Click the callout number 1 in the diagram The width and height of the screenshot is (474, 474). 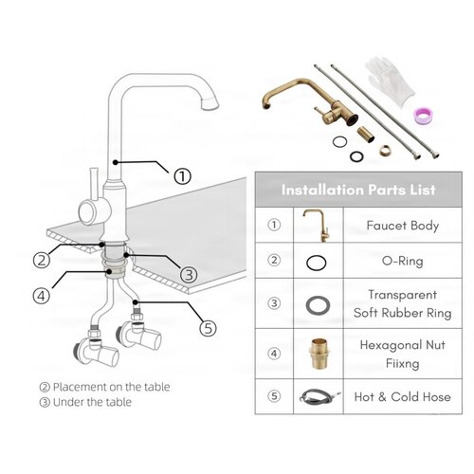[183, 176]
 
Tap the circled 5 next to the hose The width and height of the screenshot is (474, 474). [209, 328]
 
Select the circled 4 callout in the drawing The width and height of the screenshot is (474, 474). [42, 296]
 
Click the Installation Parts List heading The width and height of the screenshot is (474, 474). [358, 190]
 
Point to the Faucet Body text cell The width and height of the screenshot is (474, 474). [403, 226]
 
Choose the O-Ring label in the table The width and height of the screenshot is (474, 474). [402, 261]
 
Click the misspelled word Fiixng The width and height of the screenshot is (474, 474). [403, 363]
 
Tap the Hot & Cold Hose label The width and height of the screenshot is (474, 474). [403, 397]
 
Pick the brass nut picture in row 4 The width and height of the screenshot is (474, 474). [319, 354]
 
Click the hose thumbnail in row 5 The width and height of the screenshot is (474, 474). [319, 395]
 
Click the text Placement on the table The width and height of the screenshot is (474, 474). [111, 387]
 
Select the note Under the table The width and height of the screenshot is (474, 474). [92, 402]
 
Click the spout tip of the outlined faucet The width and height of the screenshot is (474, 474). [210, 104]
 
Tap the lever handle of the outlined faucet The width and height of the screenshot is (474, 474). [94, 185]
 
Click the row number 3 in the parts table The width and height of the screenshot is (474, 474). [274, 303]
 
